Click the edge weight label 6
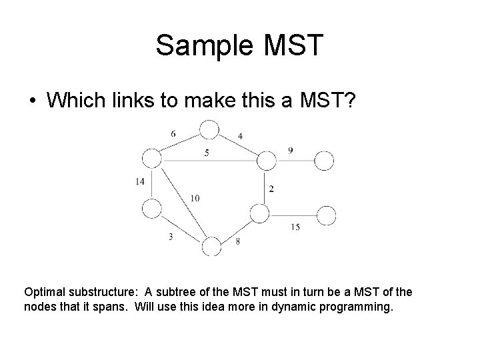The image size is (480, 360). coord(173,134)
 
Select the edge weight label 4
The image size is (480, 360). coord(240,137)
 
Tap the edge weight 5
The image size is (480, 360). coord(207,153)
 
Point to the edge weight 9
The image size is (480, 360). coord(291,151)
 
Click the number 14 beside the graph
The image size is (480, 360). coord(139,181)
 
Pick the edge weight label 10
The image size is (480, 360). coord(194,198)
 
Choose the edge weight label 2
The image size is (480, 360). coord(271,189)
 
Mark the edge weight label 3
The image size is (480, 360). coord(171,237)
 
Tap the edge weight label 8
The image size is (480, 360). coord(237,241)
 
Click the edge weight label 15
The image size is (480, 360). coord(295,227)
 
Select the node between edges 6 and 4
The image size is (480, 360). coord(209,129)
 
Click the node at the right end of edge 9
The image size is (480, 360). coord(324,161)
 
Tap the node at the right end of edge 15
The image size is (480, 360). coord(326,215)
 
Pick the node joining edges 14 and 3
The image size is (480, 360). coord(152,209)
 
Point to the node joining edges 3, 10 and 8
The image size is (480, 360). coord(211,246)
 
